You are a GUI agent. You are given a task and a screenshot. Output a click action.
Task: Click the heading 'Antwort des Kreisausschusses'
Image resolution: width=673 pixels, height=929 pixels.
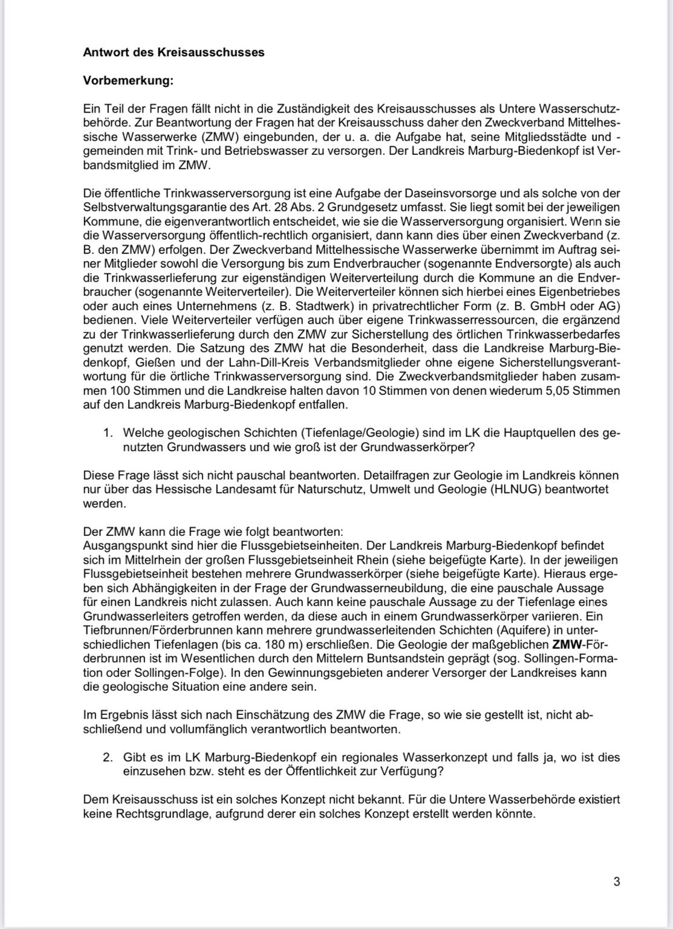174,52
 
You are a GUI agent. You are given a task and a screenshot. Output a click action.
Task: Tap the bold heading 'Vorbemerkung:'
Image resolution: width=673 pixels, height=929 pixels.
128,80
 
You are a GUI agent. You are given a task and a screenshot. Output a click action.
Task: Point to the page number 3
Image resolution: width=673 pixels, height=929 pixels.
616,881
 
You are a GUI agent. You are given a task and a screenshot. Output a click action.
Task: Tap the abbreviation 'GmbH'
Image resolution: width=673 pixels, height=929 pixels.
554,306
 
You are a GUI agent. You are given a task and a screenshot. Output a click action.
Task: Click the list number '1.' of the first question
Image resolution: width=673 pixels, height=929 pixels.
108,433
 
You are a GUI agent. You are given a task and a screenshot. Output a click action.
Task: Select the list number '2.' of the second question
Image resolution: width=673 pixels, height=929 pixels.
108,757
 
